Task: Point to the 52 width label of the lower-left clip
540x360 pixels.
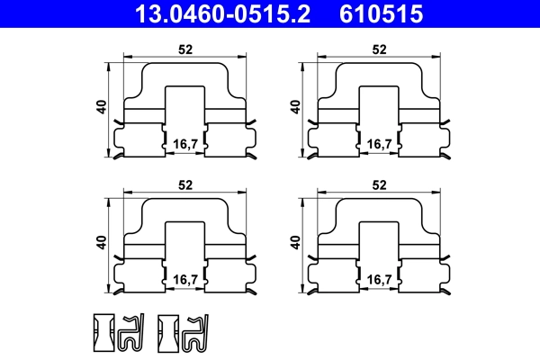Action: coord(185,184)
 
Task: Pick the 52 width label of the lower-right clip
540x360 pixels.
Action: coord(379,184)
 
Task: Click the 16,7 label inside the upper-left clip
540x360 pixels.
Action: coord(184,144)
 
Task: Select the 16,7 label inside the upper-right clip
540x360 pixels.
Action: coord(379,144)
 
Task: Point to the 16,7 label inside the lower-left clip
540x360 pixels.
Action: coord(184,280)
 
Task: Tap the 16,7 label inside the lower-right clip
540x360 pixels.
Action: coord(379,280)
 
